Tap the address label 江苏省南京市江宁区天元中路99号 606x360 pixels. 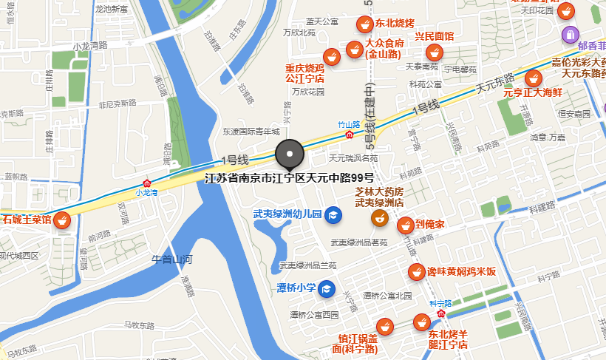289,178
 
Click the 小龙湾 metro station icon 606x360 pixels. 148,183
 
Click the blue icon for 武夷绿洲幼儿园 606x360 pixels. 333,214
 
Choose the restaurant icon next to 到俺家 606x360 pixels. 405,225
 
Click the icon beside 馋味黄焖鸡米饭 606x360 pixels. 416,272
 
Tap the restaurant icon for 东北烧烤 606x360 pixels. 363,24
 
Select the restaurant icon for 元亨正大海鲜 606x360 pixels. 532,77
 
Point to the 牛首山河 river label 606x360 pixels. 171,259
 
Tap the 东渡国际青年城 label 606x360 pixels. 251,132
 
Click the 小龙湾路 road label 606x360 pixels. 90,45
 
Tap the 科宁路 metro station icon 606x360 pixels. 440,313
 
